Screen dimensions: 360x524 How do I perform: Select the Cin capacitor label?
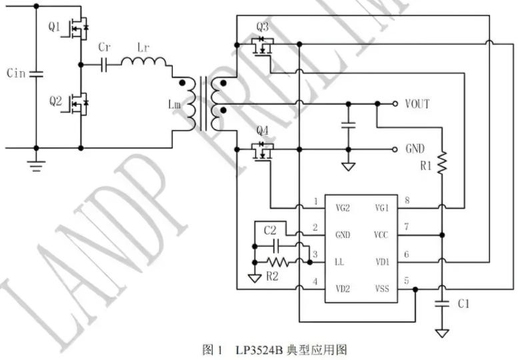(x=16, y=73)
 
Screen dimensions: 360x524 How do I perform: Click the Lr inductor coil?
(x=143, y=63)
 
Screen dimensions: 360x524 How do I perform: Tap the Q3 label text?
(x=262, y=27)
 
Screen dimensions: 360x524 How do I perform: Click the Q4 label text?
(x=262, y=129)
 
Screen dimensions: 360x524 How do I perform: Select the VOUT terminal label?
(x=417, y=104)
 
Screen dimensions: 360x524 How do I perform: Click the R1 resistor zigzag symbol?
(x=441, y=163)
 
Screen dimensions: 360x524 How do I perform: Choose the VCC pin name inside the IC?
(x=381, y=235)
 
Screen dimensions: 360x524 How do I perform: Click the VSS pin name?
(x=381, y=289)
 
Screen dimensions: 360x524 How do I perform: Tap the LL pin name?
(x=339, y=261)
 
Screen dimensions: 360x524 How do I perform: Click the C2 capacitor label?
(x=269, y=230)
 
